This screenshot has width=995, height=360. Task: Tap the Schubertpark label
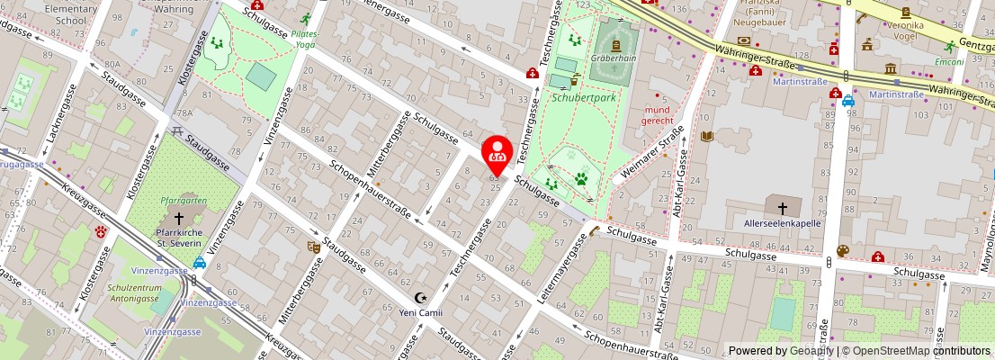tap(584, 97)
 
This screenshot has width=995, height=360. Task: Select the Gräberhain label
tap(613, 58)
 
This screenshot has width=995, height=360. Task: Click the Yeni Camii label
tap(421, 313)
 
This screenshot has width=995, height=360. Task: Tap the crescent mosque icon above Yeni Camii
tap(420, 298)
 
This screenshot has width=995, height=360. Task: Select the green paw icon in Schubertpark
tap(581, 179)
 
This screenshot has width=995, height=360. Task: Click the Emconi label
tap(949, 62)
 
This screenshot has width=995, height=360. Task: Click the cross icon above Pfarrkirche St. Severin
tap(178, 218)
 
